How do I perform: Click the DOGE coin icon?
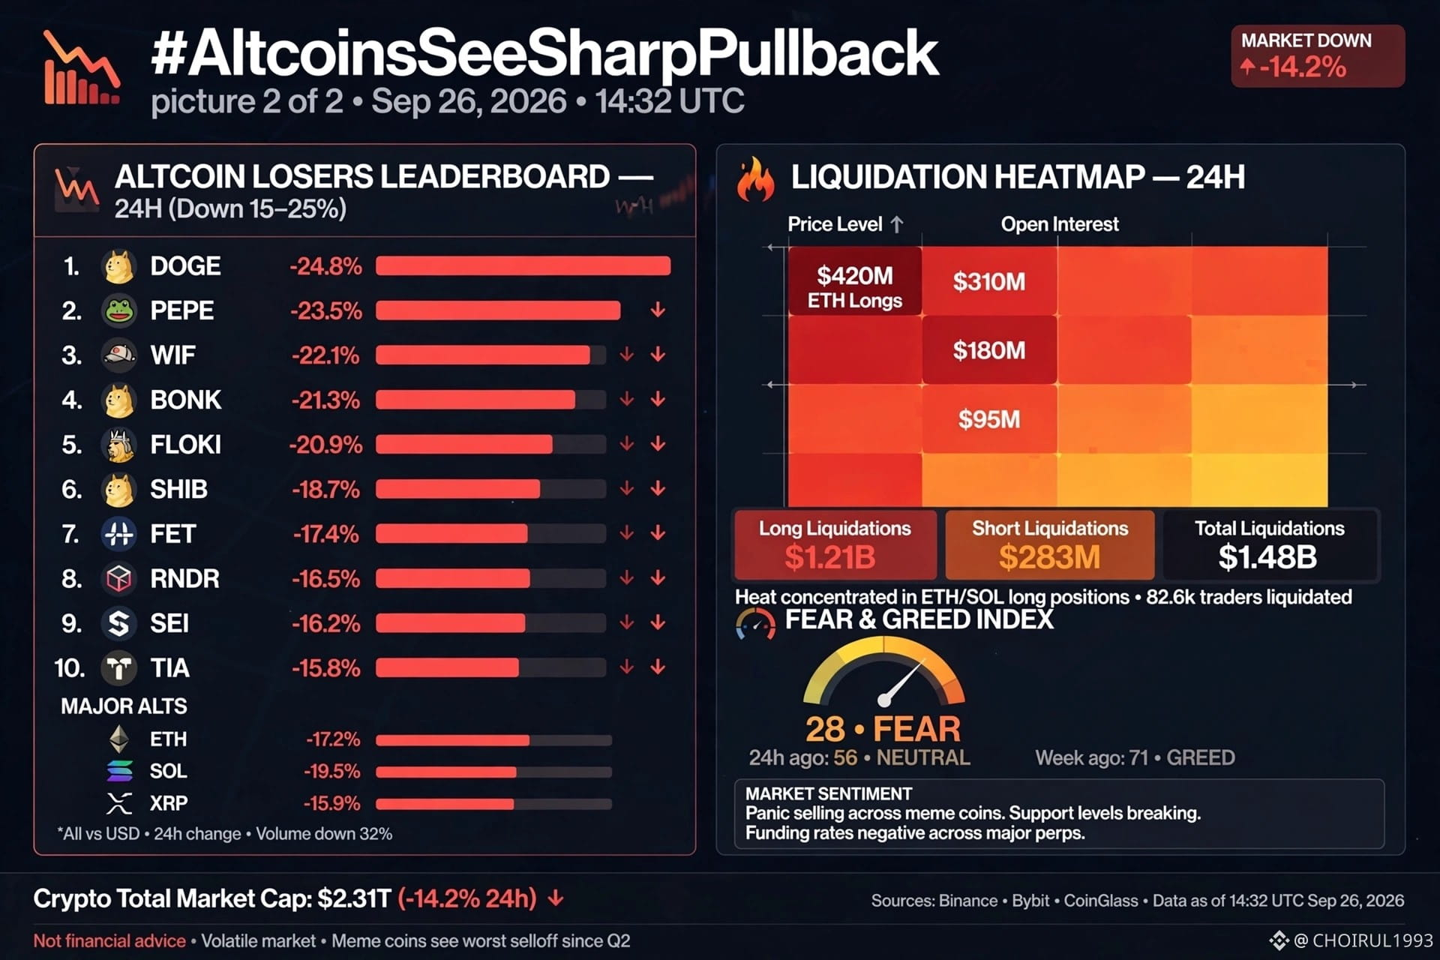118,266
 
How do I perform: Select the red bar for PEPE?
498,310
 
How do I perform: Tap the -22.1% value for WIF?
325,355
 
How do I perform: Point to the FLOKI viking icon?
118,445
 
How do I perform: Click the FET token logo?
118,534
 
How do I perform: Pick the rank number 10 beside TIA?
70,668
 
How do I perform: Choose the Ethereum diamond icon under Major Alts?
119,739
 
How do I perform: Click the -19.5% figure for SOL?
332,772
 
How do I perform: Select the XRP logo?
119,803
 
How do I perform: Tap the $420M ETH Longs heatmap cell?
855,281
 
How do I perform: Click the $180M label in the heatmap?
989,350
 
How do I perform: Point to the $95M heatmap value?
989,419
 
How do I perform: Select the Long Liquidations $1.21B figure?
830,557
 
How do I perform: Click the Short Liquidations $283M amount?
1050,557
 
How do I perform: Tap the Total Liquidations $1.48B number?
1268,557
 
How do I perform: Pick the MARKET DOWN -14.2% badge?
1318,56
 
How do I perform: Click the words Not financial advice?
109,941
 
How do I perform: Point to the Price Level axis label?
835,224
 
